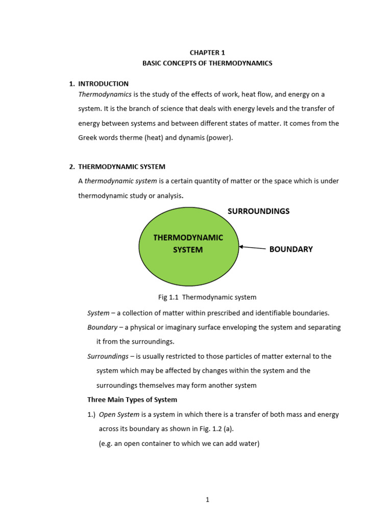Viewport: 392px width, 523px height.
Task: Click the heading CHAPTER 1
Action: tap(207, 52)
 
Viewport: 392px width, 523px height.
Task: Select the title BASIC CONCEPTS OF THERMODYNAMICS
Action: tap(207, 63)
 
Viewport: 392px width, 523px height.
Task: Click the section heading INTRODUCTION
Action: tap(103, 84)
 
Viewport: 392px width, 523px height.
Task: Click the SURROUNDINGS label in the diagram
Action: tap(258, 211)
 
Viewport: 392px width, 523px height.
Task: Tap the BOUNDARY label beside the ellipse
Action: tap(291, 249)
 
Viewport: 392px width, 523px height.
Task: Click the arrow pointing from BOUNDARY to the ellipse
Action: tap(253, 248)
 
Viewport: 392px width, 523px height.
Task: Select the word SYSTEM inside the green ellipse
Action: tap(188, 250)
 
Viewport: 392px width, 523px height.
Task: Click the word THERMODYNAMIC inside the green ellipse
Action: tap(188, 237)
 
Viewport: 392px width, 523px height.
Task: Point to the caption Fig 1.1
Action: tap(168, 297)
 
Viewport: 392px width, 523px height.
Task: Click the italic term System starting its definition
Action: tap(98, 313)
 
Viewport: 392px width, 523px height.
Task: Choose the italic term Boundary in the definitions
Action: tap(102, 327)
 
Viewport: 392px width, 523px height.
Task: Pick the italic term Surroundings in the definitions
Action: tap(108, 356)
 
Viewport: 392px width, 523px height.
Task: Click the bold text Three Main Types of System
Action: tap(132, 400)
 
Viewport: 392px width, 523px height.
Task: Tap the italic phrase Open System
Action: tap(119, 415)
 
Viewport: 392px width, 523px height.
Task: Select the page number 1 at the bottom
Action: tap(207, 500)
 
